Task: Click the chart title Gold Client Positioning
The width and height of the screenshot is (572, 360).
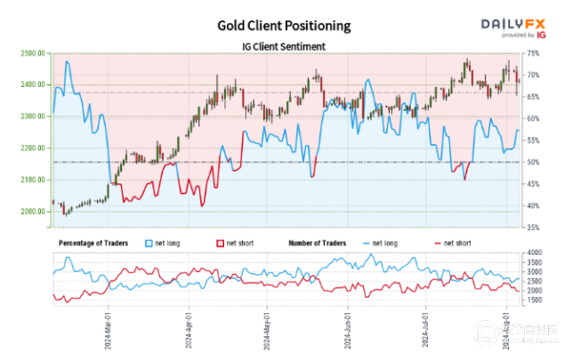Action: [284, 26]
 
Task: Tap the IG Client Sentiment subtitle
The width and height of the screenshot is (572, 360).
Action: [284, 46]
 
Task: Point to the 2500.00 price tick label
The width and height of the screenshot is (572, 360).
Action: [31, 53]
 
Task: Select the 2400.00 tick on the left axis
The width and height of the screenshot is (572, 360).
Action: [31, 84]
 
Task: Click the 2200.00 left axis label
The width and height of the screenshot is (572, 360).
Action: [31, 148]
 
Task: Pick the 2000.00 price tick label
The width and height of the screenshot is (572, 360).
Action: [31, 212]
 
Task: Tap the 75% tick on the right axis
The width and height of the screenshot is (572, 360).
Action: [532, 53]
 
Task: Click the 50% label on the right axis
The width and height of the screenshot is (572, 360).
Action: [532, 162]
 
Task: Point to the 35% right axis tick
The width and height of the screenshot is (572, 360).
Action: [532, 228]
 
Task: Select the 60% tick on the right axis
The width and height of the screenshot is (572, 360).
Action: [532, 118]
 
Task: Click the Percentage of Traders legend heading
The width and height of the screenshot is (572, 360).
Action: [93, 242]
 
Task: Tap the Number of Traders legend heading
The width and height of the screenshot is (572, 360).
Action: [323, 242]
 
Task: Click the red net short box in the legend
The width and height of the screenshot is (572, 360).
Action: [219, 242]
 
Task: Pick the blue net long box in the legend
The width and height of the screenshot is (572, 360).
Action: [149, 242]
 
